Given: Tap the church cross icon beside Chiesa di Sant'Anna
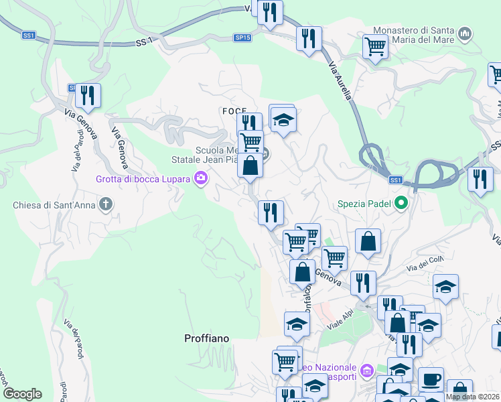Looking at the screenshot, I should tap(105, 204).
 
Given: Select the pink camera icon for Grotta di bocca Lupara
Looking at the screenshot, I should tap(200, 178).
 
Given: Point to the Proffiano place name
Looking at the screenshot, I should tap(206, 339).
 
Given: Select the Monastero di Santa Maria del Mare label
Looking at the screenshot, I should tap(413, 35).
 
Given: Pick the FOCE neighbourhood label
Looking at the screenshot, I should tap(230, 110).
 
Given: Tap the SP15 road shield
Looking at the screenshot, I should tap(242, 38).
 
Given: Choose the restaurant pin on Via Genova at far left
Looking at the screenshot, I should tap(88, 96).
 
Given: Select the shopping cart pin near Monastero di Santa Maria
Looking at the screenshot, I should tap(375, 47).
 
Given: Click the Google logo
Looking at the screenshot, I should tap(22, 394).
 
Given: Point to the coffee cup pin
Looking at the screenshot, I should tap(431, 379).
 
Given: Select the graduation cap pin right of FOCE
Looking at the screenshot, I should tap(283, 121).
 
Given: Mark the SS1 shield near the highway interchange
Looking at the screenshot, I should tap(396, 180).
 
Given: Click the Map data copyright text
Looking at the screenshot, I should tap(472, 397).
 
